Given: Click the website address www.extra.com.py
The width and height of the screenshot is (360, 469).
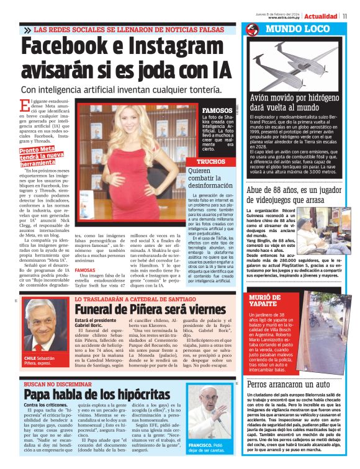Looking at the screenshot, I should tap(285, 17).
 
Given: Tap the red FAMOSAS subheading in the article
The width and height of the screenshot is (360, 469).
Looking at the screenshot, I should tap(84, 270).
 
